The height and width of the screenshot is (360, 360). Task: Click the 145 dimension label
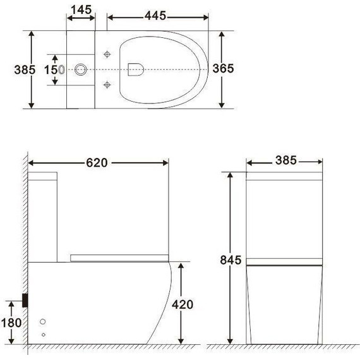tap(81, 10)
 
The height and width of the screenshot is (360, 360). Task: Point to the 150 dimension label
tap(51, 69)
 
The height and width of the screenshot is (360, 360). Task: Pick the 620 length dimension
tap(98, 162)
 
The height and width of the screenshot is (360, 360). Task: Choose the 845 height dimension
tap(231, 260)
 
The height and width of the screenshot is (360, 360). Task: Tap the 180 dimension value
tap(12, 323)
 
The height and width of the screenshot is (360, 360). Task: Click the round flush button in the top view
tap(81, 69)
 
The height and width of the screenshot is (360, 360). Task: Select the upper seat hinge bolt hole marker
tap(107, 54)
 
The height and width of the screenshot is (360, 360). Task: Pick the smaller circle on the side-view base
tap(43, 334)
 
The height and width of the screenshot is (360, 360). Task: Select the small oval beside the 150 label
tap(61, 69)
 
